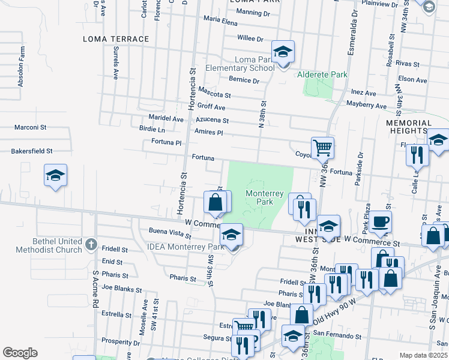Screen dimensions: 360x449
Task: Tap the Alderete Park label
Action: [322, 75]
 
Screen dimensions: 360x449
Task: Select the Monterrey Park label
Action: [261, 197]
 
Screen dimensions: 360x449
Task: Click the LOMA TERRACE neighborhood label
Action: [116, 39]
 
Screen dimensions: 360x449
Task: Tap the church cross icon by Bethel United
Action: [91, 244]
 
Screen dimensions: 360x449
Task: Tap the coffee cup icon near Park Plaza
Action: [380, 222]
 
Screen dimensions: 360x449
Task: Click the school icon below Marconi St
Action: [55, 176]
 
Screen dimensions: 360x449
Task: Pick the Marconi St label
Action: [31, 127]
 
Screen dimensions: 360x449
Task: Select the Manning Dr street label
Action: [253, 13]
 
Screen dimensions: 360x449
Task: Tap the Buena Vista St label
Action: [165, 232]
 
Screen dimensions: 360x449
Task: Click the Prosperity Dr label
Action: [120, 342]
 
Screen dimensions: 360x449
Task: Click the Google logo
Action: [20, 352]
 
